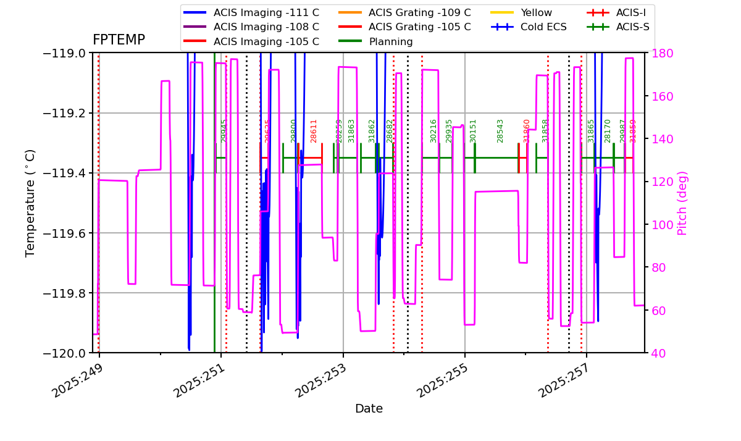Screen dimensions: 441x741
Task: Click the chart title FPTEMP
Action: [x=119, y=40]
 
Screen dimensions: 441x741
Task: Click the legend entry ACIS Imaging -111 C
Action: [x=266, y=12]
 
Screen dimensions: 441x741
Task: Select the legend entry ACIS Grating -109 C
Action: [x=419, y=12]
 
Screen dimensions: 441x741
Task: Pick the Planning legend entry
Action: [x=391, y=42]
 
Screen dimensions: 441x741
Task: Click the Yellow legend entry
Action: [x=536, y=12]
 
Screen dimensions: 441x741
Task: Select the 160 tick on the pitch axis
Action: [x=659, y=96]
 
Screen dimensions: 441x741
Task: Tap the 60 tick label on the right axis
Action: [x=656, y=310]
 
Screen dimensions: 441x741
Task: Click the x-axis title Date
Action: [x=369, y=409]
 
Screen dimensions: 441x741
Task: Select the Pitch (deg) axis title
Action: [x=682, y=203]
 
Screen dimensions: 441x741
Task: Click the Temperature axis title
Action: [x=30, y=203]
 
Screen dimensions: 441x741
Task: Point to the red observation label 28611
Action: [x=314, y=131]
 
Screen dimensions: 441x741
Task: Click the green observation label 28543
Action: [x=500, y=131]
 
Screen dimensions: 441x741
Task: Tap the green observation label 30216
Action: [x=433, y=131]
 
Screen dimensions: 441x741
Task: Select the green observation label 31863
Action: [x=351, y=131]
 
